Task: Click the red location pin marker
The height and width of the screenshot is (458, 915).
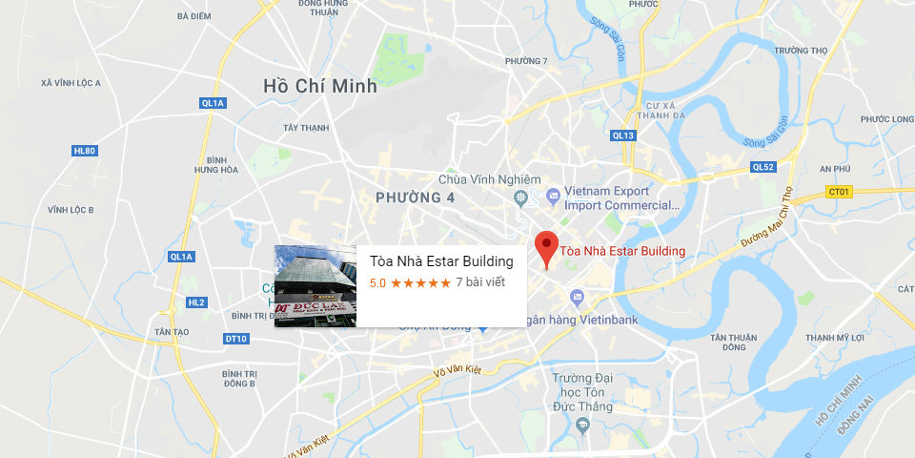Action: point(545,247)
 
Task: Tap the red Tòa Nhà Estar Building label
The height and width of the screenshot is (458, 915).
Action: point(622,252)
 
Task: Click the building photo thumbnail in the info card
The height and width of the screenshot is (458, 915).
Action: point(315,286)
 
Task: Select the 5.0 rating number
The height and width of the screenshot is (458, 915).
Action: point(377,282)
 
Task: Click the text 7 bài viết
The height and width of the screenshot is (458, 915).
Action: point(480,282)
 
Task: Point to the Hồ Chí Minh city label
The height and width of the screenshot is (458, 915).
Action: point(320,86)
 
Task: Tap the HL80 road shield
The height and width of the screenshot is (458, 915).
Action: point(85,151)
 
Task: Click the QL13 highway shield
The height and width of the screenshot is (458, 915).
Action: point(623,135)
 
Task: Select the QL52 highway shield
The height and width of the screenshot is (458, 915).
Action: point(763,167)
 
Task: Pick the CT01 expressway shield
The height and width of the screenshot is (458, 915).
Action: point(838,192)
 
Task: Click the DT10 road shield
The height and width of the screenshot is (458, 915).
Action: point(235,339)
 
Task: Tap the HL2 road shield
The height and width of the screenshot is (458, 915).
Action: point(196,302)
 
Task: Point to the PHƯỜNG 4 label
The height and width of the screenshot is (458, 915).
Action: point(415,198)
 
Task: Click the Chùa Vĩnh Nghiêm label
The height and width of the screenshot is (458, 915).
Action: point(489,179)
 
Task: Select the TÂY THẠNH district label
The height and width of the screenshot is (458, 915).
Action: point(306,128)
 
